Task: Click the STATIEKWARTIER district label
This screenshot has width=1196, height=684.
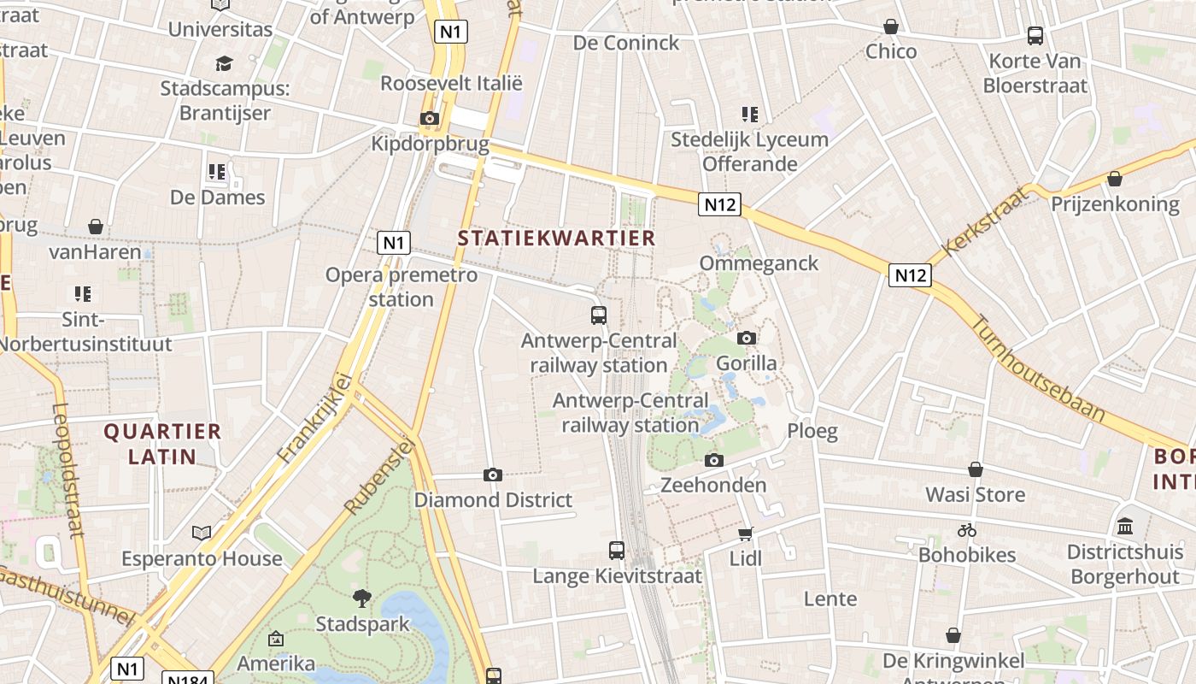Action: pos(556,238)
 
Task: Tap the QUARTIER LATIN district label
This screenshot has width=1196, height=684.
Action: pos(162,444)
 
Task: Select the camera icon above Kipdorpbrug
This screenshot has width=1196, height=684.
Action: pos(430,118)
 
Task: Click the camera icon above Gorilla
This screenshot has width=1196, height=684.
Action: pos(747,338)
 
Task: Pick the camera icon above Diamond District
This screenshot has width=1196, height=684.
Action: pos(493,475)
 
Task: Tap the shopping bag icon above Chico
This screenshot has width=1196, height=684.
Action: pos(891,27)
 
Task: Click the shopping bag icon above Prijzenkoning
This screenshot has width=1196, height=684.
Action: pos(1114,179)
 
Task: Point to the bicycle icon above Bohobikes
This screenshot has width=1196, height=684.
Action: pos(967,530)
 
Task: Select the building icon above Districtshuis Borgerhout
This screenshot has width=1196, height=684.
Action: pos(1125,526)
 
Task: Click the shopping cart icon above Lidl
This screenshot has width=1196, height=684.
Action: pos(745,534)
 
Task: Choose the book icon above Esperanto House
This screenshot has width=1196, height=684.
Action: pos(202,534)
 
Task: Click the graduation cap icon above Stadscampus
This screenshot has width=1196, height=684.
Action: pos(224,63)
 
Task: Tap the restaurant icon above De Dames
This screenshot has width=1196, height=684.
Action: pos(217,172)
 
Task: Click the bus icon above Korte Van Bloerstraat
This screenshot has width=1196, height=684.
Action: pos(1035,36)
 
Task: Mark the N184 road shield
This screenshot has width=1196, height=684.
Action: pos(185,680)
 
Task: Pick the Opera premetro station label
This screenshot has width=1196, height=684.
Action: pos(402,286)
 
